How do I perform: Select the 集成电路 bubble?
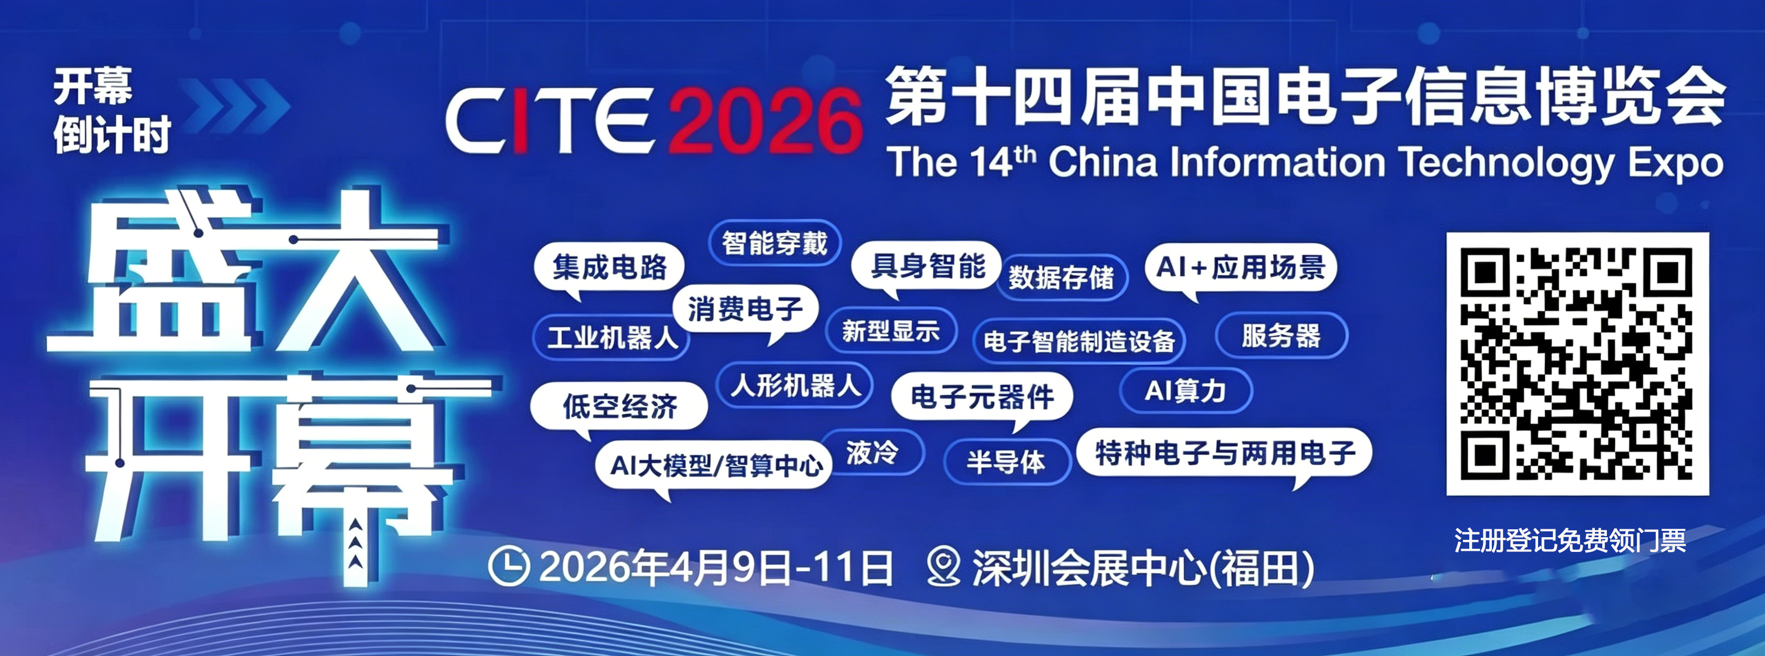(x=609, y=268)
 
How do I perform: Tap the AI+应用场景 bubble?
(x=1241, y=268)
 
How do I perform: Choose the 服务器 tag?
(x=1281, y=336)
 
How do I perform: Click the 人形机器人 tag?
(x=795, y=385)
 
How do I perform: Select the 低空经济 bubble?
(x=619, y=406)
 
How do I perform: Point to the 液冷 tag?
(x=872, y=453)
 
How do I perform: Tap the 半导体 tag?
(x=1006, y=462)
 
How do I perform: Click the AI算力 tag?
(x=1186, y=391)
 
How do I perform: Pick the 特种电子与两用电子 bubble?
(x=1224, y=454)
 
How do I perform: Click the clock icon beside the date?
(x=508, y=566)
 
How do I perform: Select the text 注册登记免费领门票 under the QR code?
(x=1570, y=541)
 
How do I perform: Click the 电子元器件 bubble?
(x=982, y=397)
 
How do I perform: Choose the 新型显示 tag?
(x=891, y=331)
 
